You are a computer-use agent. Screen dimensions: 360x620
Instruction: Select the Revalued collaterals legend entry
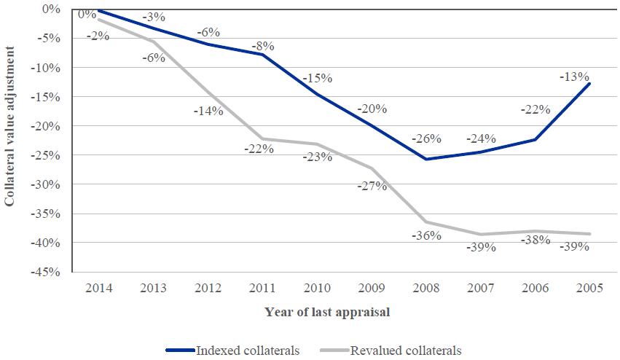click(406, 351)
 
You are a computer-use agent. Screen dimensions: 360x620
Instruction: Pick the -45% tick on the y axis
click(46, 272)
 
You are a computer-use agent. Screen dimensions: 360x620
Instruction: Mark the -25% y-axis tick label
click(46, 155)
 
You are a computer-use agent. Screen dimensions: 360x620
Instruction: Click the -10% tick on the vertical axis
click(46, 68)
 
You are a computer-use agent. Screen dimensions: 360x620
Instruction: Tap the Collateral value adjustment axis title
click(10, 125)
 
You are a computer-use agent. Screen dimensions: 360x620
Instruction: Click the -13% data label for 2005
click(575, 77)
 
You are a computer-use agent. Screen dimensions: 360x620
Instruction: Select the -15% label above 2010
click(318, 78)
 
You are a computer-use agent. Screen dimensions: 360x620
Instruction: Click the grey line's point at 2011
click(261, 138)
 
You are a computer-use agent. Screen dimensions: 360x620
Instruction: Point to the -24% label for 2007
click(482, 138)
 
